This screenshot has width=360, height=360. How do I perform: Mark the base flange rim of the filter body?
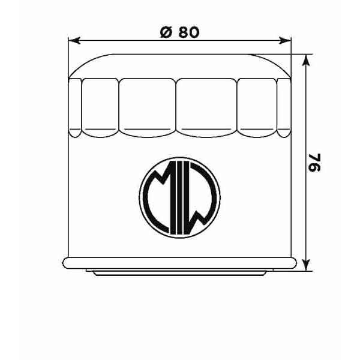(180, 262)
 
